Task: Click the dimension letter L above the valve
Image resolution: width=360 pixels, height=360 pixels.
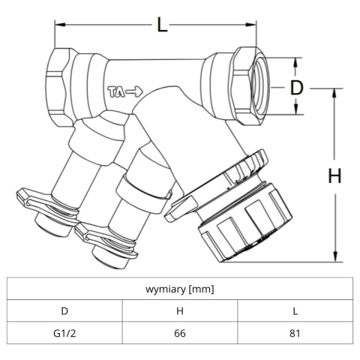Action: coord(162,25)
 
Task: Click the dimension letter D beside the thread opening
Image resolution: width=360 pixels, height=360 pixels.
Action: coord(296,88)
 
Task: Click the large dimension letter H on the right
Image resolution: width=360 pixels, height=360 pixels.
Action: coord(334,175)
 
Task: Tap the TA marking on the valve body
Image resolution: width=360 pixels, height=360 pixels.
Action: coord(116,91)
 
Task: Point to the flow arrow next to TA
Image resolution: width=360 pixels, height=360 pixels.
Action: coord(134,91)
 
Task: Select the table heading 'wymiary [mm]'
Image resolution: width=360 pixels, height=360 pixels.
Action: coord(180,289)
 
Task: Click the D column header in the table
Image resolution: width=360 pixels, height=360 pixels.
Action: coord(64,311)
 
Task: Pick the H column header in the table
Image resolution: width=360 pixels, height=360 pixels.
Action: coord(180,311)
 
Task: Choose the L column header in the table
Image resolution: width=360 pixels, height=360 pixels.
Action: coord(295,311)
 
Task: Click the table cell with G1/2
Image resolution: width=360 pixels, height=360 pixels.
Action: coord(64,333)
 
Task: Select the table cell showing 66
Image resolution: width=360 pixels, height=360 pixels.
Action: coord(180,333)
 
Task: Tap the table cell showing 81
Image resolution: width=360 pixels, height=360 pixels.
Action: coord(295,333)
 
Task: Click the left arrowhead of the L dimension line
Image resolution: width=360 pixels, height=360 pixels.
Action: coord(60,25)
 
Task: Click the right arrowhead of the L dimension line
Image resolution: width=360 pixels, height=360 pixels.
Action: coord(251,25)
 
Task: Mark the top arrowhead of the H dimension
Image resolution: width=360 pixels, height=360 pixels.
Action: coord(334,94)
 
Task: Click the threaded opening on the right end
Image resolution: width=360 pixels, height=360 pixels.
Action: coord(259,85)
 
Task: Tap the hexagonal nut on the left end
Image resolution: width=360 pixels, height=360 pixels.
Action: coord(58,87)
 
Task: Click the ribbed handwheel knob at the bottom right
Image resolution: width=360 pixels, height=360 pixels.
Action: coord(246,223)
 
